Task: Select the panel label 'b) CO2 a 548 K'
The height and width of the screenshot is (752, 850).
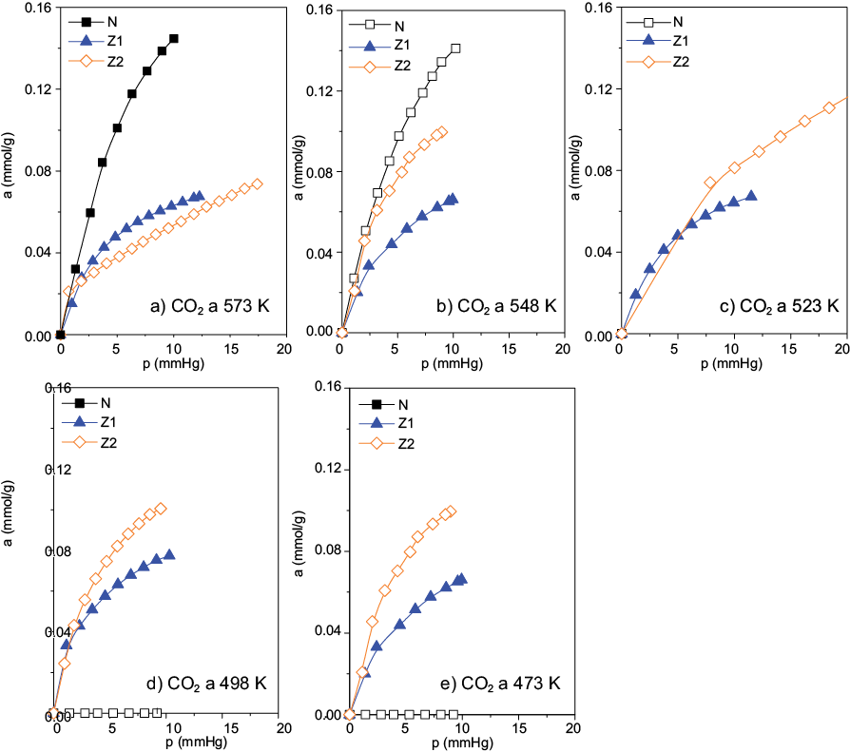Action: pos(495,306)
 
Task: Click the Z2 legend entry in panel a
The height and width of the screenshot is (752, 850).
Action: pos(100,62)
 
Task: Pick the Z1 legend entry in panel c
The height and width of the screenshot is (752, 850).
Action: pos(666,41)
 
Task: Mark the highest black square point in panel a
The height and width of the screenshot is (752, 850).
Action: pos(174,40)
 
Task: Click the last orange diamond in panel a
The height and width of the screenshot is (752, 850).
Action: pos(257,184)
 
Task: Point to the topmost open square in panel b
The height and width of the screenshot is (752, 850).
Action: pos(455,48)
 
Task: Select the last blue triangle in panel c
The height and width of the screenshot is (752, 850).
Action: pos(751,196)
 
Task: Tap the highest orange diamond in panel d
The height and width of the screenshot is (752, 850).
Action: pos(161,509)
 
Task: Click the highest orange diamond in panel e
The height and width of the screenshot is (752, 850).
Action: pos(451,511)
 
